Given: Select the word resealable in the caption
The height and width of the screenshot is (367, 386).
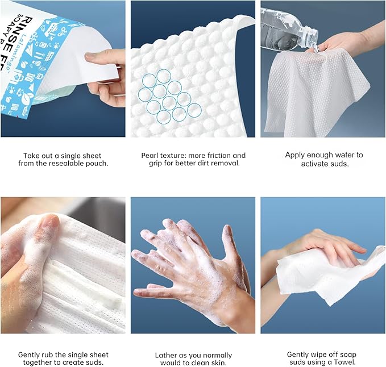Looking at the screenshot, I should pos(67,164).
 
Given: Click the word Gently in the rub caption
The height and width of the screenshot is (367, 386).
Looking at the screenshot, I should pos(30,355).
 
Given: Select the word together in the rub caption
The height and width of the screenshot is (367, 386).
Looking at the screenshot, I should pos(42,363).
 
